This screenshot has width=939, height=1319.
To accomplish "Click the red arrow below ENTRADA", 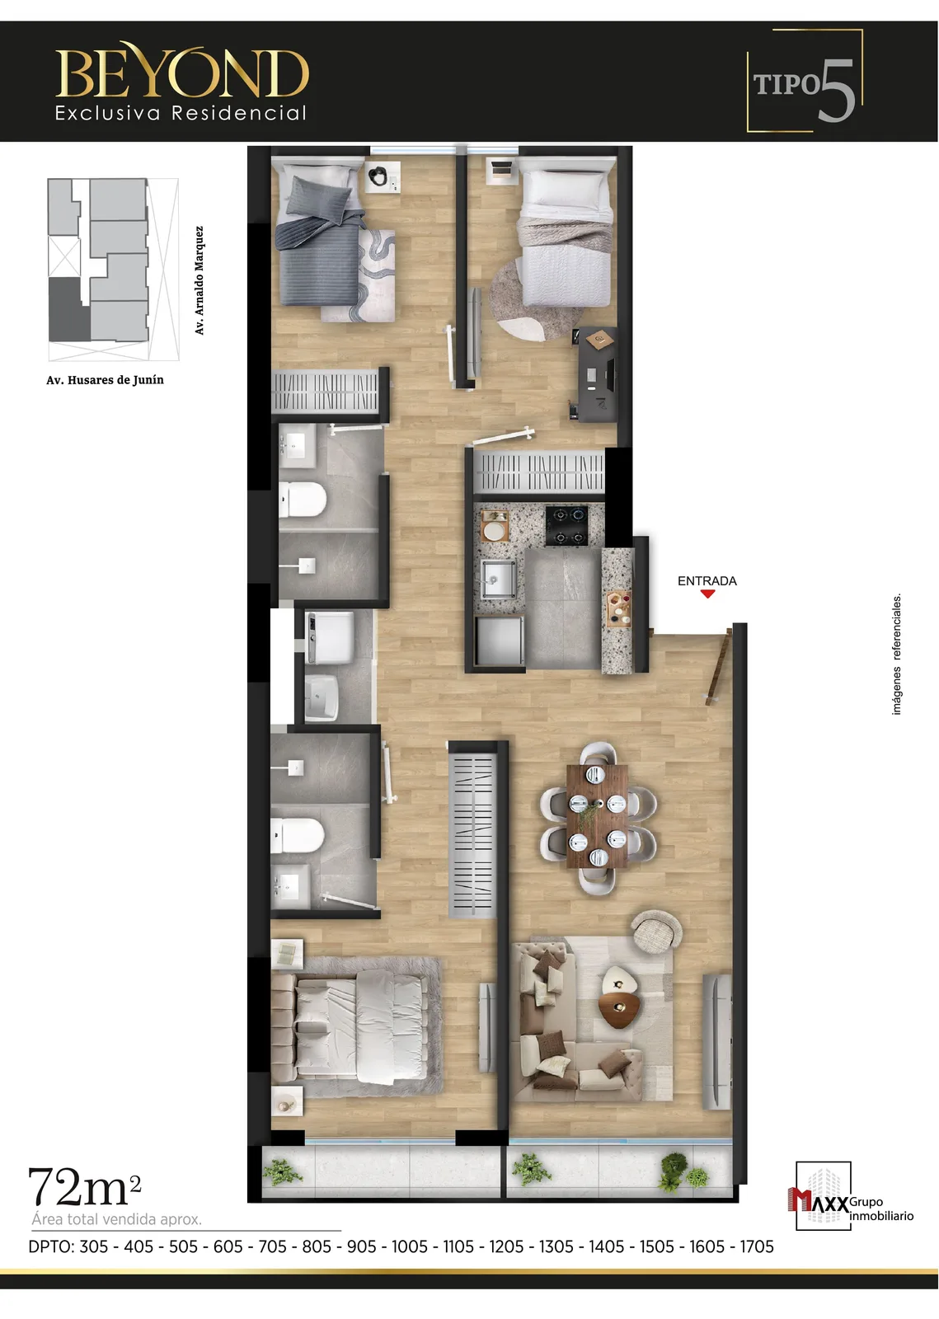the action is [707, 594].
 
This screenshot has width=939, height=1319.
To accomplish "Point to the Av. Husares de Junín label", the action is [105, 380].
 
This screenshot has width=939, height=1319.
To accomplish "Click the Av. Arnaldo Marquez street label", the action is [200, 280].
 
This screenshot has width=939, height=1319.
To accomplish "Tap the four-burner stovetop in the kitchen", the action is [566, 525].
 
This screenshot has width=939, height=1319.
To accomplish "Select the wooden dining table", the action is [598, 815].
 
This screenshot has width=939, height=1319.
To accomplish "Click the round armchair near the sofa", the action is [656, 931].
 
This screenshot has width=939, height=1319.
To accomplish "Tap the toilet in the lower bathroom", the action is [298, 836].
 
